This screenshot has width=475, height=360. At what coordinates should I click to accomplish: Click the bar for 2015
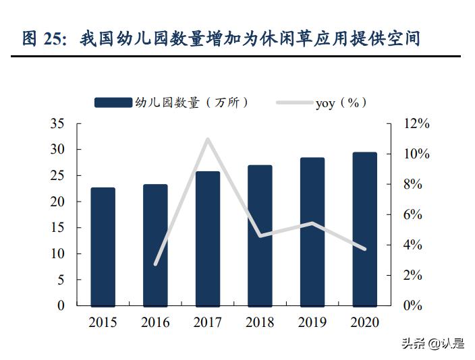click(x=103, y=247)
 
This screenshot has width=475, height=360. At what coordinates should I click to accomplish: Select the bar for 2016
click(x=155, y=245)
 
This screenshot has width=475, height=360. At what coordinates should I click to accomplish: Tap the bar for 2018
click(x=260, y=235)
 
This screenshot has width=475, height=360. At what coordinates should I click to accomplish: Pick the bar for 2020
click(x=364, y=229)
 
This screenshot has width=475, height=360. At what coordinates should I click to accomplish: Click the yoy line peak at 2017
click(x=207, y=140)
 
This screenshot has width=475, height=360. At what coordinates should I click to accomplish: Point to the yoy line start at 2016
click(x=155, y=264)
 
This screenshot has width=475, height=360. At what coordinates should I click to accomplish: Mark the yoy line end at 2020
click(x=364, y=249)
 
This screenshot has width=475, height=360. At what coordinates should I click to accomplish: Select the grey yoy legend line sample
click(x=294, y=102)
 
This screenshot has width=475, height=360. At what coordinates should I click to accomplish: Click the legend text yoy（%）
click(x=341, y=102)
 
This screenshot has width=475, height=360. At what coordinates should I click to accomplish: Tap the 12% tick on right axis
click(x=416, y=123)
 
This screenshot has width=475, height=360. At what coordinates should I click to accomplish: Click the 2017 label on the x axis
click(x=207, y=322)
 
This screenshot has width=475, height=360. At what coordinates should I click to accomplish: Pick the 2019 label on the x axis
click(x=312, y=322)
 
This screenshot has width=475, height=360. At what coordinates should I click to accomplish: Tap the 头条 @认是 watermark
click(x=433, y=344)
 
